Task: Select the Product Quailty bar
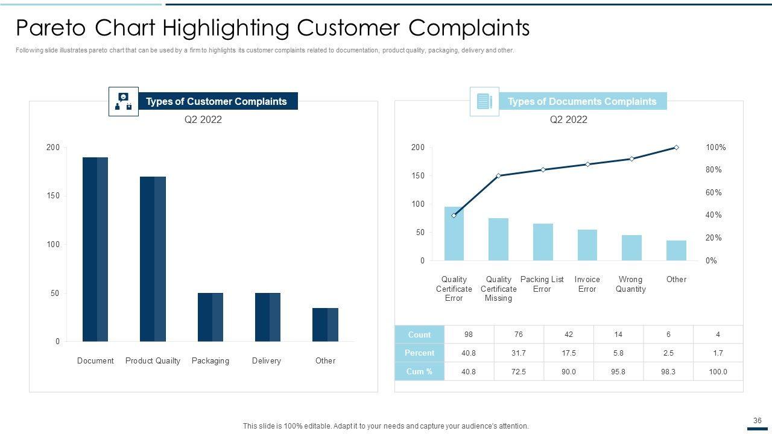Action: pyautogui.click(x=153, y=259)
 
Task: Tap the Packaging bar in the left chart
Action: pyautogui.click(x=210, y=317)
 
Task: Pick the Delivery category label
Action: pyautogui.click(x=267, y=360)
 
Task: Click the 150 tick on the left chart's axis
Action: pyautogui.click(x=53, y=196)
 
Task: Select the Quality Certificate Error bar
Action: pyautogui.click(x=454, y=234)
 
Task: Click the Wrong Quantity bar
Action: pyautogui.click(x=631, y=248)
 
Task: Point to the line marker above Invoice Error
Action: pyautogui.click(x=587, y=164)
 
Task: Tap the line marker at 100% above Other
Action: pyautogui.click(x=676, y=148)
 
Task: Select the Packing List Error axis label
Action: pyautogui.click(x=542, y=284)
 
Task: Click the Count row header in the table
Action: pyautogui.click(x=419, y=335)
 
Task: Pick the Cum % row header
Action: pyautogui.click(x=419, y=371)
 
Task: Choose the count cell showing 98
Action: pyautogui.click(x=469, y=335)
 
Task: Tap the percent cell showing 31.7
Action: pyautogui.click(x=518, y=353)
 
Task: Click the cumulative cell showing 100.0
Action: pyautogui.click(x=718, y=371)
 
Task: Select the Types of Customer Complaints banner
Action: pyautogui.click(x=217, y=101)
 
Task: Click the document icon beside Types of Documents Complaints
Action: pyautogui.click(x=484, y=101)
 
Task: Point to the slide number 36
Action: pyautogui.click(x=758, y=421)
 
